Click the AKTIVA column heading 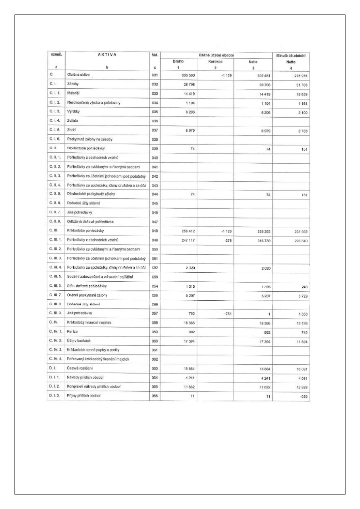[106, 55]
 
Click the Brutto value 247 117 [187, 240]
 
